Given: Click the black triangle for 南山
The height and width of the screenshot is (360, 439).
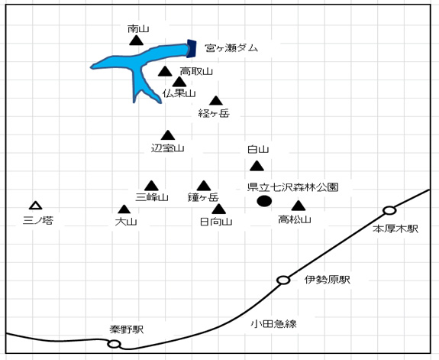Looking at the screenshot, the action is (137, 41).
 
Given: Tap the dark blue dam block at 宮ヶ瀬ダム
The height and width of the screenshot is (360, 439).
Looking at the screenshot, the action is (192, 48).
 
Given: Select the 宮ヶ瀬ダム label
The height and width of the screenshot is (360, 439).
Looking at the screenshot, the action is (231, 48).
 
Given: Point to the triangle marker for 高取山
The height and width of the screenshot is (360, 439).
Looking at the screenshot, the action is (165, 72).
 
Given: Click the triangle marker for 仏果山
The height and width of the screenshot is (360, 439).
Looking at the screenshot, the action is (179, 82).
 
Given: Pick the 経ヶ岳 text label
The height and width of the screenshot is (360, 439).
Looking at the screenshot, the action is (214, 113).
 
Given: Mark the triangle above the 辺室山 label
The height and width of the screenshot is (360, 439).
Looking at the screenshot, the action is (168, 135).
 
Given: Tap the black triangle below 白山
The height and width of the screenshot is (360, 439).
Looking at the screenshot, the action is (257, 166).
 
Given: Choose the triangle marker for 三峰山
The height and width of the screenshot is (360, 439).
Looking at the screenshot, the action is (151, 186).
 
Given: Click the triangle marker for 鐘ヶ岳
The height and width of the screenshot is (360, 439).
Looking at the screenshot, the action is (204, 186).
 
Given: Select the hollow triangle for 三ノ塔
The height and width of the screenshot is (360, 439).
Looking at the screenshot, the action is (36, 206).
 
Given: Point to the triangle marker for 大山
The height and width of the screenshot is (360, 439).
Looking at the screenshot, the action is (124, 209).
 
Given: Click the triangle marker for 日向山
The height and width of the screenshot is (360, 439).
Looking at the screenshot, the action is (218, 209).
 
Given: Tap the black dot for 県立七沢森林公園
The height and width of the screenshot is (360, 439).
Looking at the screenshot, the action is (264, 201).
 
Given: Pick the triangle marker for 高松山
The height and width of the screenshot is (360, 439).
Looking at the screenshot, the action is (299, 206).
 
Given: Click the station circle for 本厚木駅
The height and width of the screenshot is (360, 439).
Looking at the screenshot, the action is (389, 210).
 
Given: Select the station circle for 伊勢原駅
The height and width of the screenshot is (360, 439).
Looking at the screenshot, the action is (283, 280).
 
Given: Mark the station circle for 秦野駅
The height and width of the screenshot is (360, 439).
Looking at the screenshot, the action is (114, 344).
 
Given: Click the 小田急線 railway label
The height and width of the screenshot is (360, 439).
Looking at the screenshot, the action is (273, 324).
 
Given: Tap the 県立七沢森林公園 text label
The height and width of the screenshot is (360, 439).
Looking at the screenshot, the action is (293, 187).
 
